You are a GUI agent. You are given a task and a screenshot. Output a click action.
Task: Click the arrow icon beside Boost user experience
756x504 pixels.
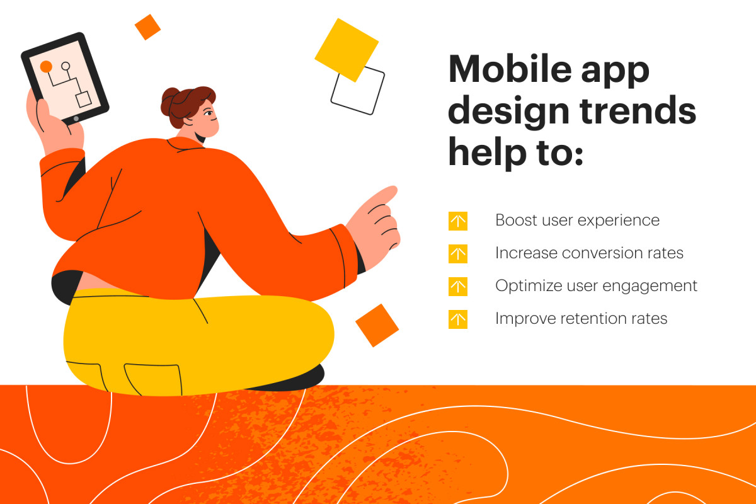[x=458, y=221]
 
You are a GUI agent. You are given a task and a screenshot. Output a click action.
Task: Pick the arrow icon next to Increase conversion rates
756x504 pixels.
[x=458, y=254]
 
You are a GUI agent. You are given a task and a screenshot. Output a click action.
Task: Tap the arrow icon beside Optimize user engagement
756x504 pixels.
[x=458, y=287]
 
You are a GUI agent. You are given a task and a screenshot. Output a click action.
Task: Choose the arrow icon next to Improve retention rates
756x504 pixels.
[x=458, y=319]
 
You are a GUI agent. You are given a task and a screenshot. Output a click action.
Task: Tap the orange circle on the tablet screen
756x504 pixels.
[x=46, y=66]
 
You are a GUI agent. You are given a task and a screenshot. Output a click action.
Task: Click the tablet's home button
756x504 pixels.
[x=76, y=118]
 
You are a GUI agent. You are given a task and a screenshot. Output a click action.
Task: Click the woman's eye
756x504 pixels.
[x=209, y=113]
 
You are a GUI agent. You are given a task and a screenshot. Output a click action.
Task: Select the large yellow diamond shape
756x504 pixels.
[x=346, y=50]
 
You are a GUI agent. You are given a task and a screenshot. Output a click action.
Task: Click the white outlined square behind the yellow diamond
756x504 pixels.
[x=365, y=94]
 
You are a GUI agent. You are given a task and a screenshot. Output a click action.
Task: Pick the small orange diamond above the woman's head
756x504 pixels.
[x=147, y=27]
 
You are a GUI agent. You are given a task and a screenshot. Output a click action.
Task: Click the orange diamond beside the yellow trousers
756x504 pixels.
[x=377, y=325]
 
